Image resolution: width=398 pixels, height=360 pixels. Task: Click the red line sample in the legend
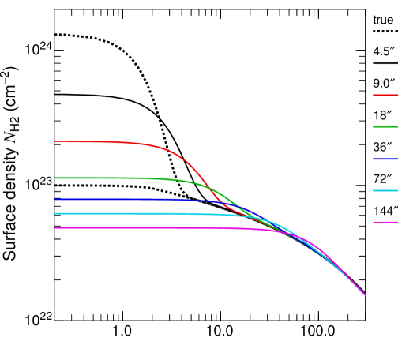pyautogui.click(x=385, y=95)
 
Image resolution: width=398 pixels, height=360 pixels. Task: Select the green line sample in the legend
pyautogui.click(x=385, y=126)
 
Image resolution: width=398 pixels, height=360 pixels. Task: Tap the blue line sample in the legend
pyautogui.click(x=385, y=159)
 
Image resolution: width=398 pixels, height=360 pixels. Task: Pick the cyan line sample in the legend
pyautogui.click(x=385, y=190)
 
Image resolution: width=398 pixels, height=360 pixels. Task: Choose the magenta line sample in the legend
pyautogui.click(x=385, y=222)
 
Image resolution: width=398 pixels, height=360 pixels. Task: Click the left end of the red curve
pyautogui.click(x=55, y=141)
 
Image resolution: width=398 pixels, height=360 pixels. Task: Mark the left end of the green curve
pyautogui.click(x=55, y=178)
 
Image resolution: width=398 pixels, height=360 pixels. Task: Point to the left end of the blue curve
pyautogui.click(x=55, y=199)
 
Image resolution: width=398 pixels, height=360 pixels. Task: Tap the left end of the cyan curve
pyautogui.click(x=55, y=213)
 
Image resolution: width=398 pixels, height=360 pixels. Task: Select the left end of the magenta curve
pyautogui.click(x=55, y=227)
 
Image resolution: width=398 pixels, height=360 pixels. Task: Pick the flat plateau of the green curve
pyautogui.click(x=103, y=178)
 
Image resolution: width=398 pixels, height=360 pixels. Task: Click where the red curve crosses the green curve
pyautogui.click(x=209, y=188)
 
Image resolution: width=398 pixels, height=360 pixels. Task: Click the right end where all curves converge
pyautogui.click(x=364, y=294)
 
